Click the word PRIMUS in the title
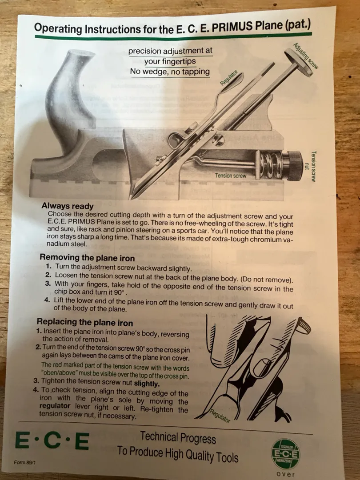click(232, 27)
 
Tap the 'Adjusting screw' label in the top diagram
click(306, 56)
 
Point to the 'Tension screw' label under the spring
click(231, 176)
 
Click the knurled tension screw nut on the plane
click(292, 165)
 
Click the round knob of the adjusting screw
click(299, 63)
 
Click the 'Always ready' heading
click(68, 206)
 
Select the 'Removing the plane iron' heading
click(87, 257)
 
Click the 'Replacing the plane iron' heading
click(85, 322)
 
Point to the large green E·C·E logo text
click(52, 441)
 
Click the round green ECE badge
click(286, 454)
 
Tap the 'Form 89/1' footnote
click(24, 462)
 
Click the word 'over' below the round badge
click(286, 474)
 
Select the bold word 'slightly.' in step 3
click(147, 384)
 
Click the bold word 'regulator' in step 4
click(55, 406)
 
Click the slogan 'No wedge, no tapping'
click(170, 72)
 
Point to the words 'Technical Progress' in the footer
click(178, 437)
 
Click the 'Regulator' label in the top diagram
click(229, 77)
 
